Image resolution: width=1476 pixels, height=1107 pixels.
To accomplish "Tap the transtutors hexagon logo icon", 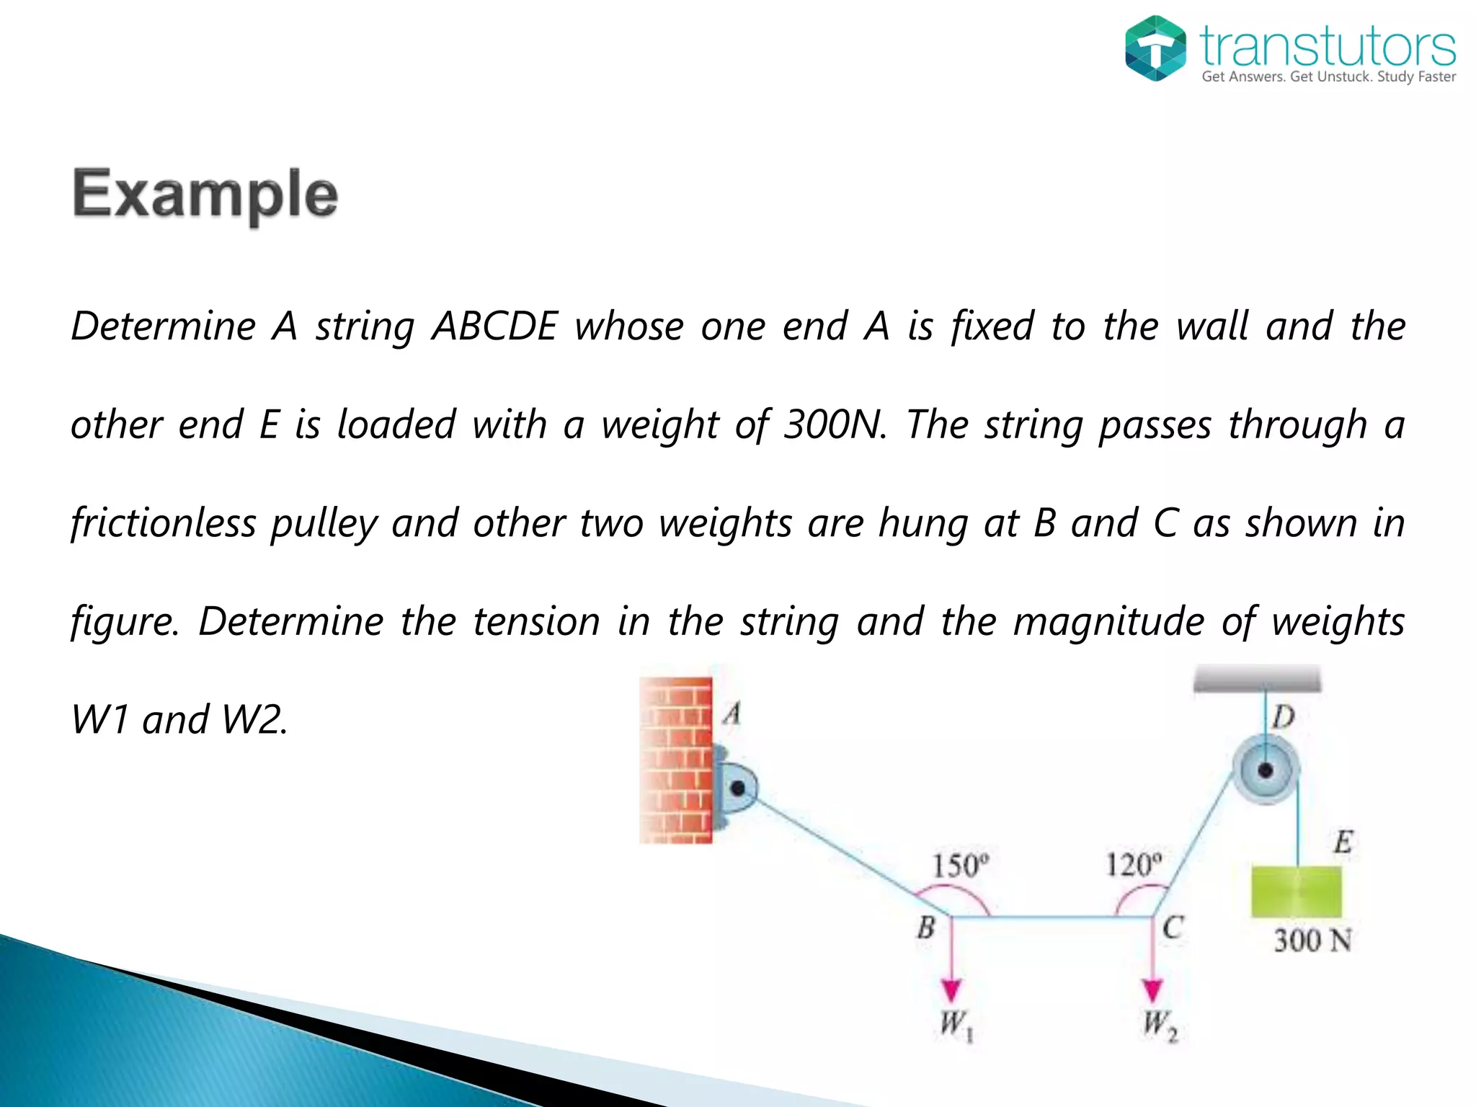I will coord(1155,48).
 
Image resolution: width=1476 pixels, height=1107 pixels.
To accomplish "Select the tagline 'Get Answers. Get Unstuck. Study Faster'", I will coord(1328,77).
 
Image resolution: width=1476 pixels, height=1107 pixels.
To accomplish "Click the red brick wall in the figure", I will coord(676,760).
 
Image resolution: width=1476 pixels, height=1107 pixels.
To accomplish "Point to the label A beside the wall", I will coord(732,714).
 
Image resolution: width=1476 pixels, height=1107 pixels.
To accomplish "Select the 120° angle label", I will coord(1134,864).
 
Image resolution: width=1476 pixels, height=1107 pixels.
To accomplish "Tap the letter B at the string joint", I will coord(926,928).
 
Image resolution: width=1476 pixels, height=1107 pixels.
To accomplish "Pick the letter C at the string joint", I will coord(1173,928).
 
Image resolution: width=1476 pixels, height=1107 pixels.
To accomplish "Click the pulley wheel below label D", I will coord(1266,770).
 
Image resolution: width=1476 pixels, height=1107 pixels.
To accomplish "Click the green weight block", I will coord(1297,892).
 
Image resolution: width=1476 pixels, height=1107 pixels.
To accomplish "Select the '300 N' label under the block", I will coord(1312,941).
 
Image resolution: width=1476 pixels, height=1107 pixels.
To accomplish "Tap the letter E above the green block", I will coord(1343,842).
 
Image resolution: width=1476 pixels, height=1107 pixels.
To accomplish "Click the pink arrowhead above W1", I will coord(951,991).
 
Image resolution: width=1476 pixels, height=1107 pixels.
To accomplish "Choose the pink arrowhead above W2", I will coord(1152,991).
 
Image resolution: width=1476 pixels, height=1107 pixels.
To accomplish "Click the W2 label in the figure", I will coord(1160,1026).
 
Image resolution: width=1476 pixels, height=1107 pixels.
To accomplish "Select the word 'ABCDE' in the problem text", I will coord(494,326).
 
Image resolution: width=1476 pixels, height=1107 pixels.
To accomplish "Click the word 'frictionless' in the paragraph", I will coord(164,523).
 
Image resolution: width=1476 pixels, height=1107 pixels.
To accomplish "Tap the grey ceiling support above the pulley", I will coord(1258,679).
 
